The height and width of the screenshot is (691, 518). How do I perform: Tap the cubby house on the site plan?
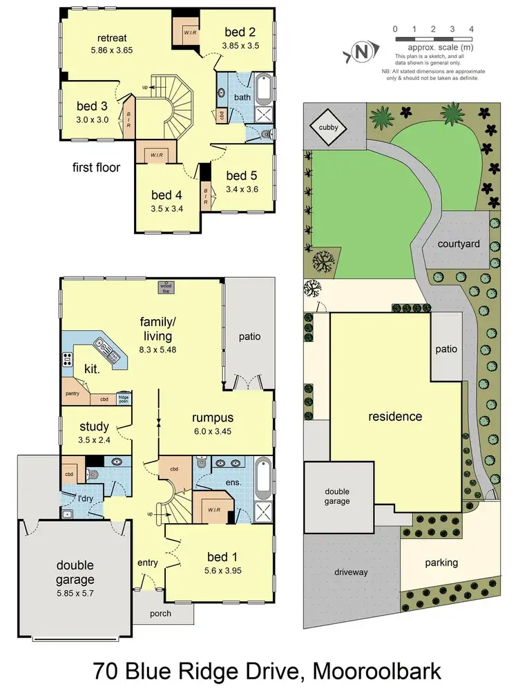coord(328,127)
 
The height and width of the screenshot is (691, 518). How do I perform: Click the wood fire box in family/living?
coord(165,287)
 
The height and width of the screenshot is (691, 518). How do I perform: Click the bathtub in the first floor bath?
coord(264,87)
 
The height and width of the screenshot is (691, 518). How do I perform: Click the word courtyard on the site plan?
coord(459,244)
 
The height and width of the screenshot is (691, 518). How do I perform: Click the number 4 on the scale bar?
coord(471,29)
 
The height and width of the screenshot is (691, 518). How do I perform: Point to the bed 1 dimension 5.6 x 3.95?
coord(223,572)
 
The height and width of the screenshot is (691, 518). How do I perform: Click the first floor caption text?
coord(95,167)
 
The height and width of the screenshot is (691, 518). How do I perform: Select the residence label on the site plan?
coord(394,416)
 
